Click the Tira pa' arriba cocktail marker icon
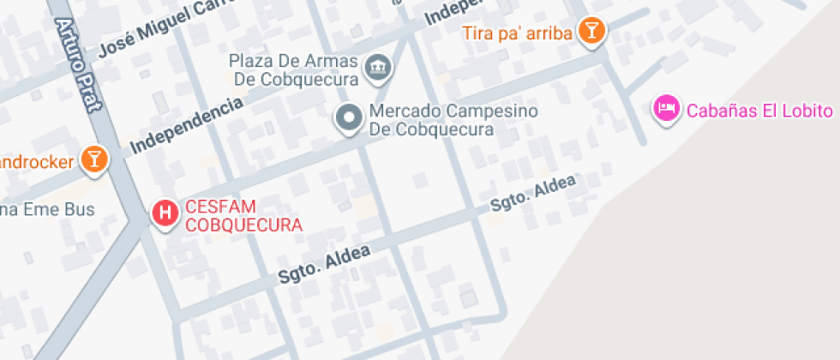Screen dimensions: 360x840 coord(591,32)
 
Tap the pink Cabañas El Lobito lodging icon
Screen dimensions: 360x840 coord(666,109)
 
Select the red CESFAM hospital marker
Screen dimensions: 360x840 coord(165,212)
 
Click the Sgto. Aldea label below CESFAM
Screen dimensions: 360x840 coord(324,265)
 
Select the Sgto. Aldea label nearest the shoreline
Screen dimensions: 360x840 coord(534,193)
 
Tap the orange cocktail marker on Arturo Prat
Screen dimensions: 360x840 coord(93,159)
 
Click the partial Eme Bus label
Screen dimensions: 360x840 coord(47,209)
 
